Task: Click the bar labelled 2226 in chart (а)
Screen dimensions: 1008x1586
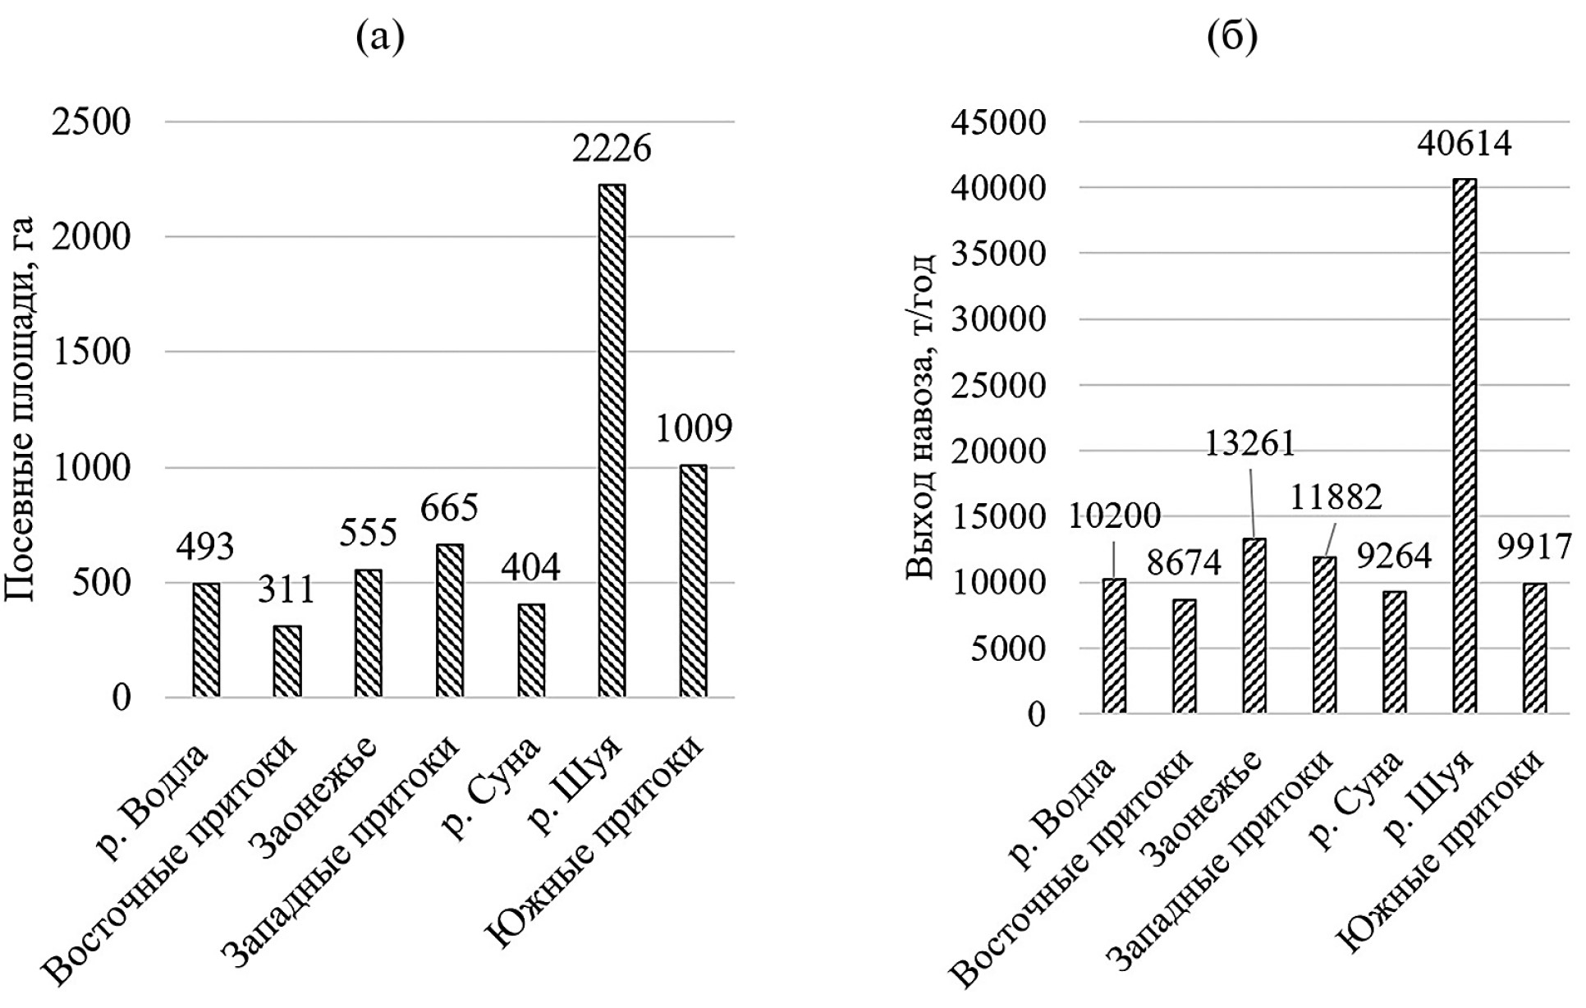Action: (x=612, y=441)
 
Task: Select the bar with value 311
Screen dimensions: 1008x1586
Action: (x=287, y=661)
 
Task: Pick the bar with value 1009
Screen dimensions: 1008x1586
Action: (x=693, y=581)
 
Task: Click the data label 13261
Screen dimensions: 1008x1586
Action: (x=1249, y=443)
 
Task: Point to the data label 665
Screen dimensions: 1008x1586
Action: (x=449, y=508)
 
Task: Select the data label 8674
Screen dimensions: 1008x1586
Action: (x=1183, y=563)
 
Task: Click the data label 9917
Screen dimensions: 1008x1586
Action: (x=1533, y=548)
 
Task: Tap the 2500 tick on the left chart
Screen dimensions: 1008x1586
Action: (x=90, y=122)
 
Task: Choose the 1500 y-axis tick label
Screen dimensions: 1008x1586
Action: (x=90, y=352)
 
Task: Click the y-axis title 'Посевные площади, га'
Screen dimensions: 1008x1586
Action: (x=20, y=408)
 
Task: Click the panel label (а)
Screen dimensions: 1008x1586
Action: (x=380, y=37)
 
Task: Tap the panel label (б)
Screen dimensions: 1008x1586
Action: (x=1233, y=37)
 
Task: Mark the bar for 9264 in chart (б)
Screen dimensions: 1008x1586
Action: (x=1395, y=652)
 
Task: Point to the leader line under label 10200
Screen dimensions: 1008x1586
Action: (x=1113, y=559)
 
